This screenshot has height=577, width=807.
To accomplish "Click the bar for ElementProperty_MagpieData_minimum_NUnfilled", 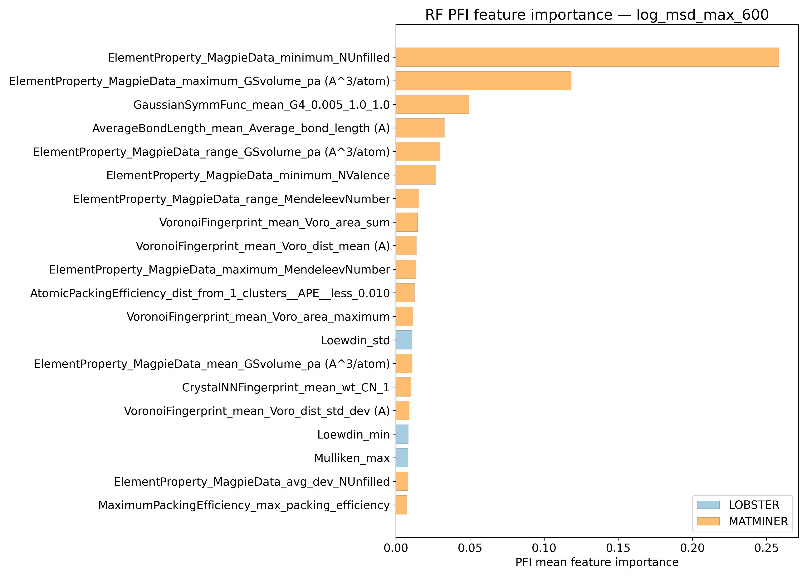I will tap(587, 57).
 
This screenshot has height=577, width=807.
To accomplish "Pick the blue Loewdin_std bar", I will tap(404, 340).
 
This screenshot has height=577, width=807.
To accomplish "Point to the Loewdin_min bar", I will tap(402, 434).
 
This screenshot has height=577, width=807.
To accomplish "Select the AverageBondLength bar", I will tap(420, 128).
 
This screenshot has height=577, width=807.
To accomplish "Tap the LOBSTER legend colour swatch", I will tap(708, 505).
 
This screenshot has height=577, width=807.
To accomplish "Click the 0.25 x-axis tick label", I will tap(766, 548).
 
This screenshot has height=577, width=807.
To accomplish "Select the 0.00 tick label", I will tap(396, 548).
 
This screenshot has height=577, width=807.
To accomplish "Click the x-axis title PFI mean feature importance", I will tap(597, 562).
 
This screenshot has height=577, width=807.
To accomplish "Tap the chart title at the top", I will tap(597, 15).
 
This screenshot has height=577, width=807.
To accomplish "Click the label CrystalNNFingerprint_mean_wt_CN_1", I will tap(286, 387).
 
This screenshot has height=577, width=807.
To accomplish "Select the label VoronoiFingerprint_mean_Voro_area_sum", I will tap(274, 222).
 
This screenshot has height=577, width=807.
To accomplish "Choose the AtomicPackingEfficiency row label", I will tap(210, 293).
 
